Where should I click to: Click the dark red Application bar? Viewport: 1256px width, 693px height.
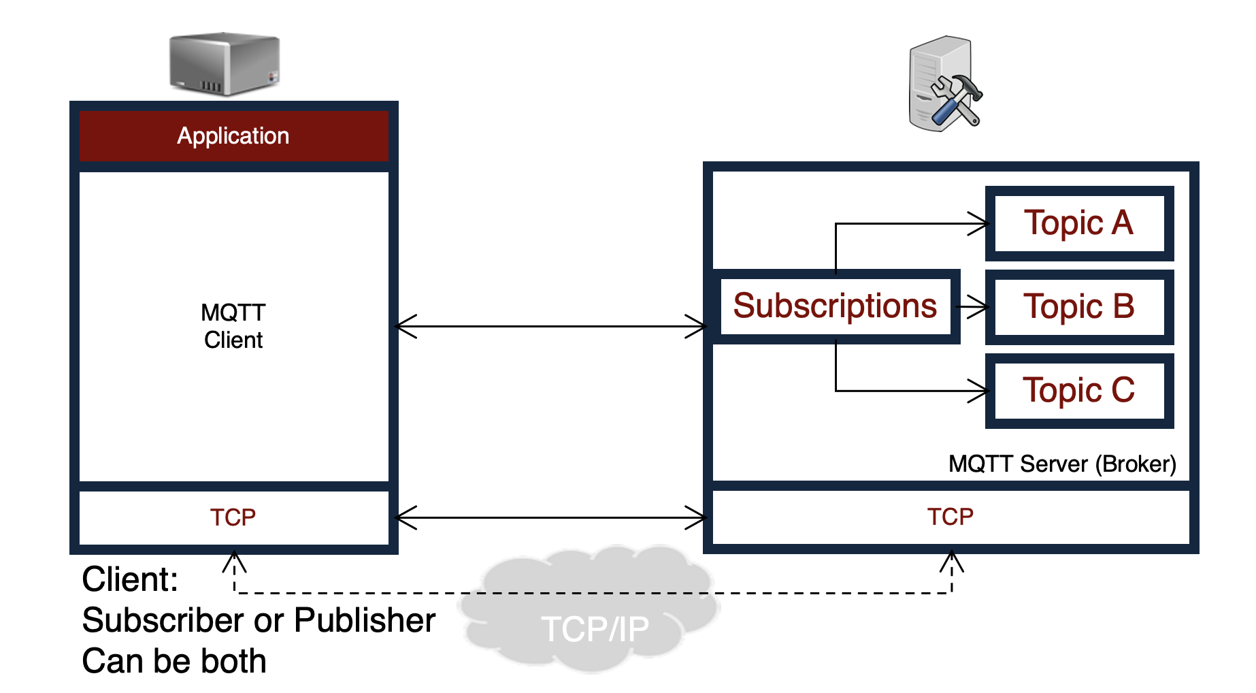click(233, 136)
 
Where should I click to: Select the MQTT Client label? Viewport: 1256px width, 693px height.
click(233, 326)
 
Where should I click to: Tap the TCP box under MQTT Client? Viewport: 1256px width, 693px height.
click(233, 517)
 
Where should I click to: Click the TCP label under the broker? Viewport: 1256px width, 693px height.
click(950, 517)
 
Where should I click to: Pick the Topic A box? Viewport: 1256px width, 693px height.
click(1079, 223)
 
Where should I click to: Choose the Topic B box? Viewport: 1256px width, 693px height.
click(1079, 307)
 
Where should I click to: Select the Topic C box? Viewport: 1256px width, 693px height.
click(1079, 391)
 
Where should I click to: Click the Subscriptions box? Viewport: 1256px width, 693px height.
click(835, 306)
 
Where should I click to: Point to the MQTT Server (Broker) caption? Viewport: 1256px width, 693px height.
click(1062, 464)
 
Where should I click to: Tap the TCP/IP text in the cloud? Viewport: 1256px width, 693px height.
click(595, 629)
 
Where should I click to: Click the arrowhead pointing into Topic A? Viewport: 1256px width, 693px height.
click(980, 223)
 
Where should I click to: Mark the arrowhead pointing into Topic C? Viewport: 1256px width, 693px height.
click(980, 391)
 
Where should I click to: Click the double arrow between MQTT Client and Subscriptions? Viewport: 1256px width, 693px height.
click(551, 327)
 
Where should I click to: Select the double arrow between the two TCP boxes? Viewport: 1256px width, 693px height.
click(551, 518)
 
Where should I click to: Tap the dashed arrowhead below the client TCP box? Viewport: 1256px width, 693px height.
click(234, 562)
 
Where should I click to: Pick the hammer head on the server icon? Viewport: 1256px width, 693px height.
click(967, 86)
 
